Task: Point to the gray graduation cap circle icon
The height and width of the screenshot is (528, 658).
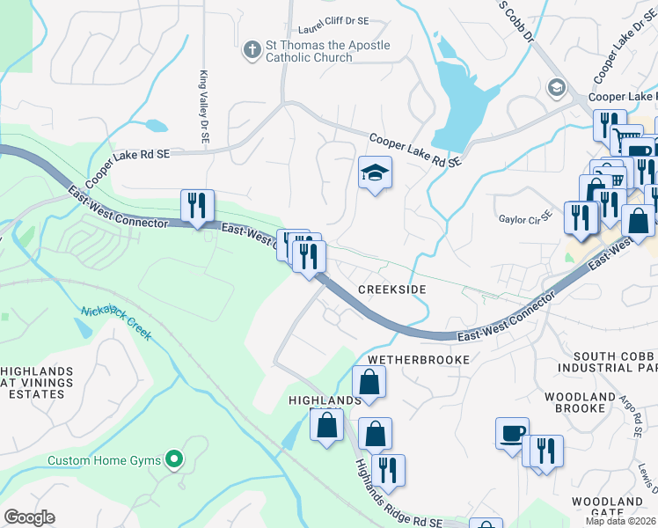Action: (555, 87)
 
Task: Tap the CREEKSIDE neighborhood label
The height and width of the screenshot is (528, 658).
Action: (391, 290)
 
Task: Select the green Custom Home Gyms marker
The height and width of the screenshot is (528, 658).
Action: (174, 458)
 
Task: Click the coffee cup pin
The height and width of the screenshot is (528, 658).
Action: (512, 433)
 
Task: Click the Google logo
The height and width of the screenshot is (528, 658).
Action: (29, 517)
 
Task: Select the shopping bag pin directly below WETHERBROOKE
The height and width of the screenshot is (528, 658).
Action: (369, 382)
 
